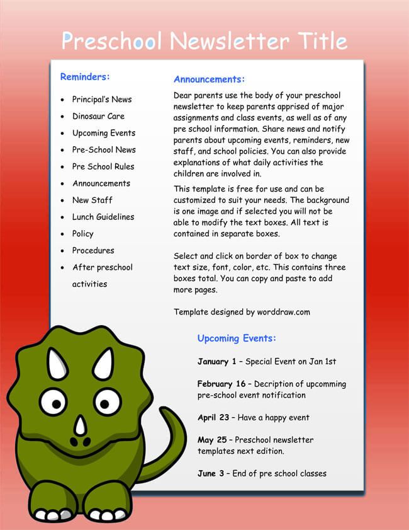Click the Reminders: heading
pyautogui.click(x=85, y=77)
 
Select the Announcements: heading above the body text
pyautogui.click(x=209, y=79)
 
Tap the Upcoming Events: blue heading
pyautogui.click(x=237, y=338)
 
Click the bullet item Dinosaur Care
pyautogui.click(x=98, y=116)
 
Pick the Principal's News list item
pyautogui.click(x=102, y=100)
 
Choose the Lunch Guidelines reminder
pyautogui.click(x=103, y=217)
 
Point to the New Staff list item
pyautogui.click(x=92, y=200)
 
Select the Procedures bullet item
pyautogui.click(x=93, y=250)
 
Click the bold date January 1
pyautogui.click(x=216, y=362)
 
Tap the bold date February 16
pyautogui.click(x=221, y=384)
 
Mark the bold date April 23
pyautogui.click(x=213, y=417)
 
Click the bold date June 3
pyautogui.click(x=211, y=473)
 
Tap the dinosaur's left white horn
pyautogui.click(x=57, y=365)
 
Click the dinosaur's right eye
pyautogui.click(x=106, y=401)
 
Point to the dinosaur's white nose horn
pyautogui.click(x=80, y=426)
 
